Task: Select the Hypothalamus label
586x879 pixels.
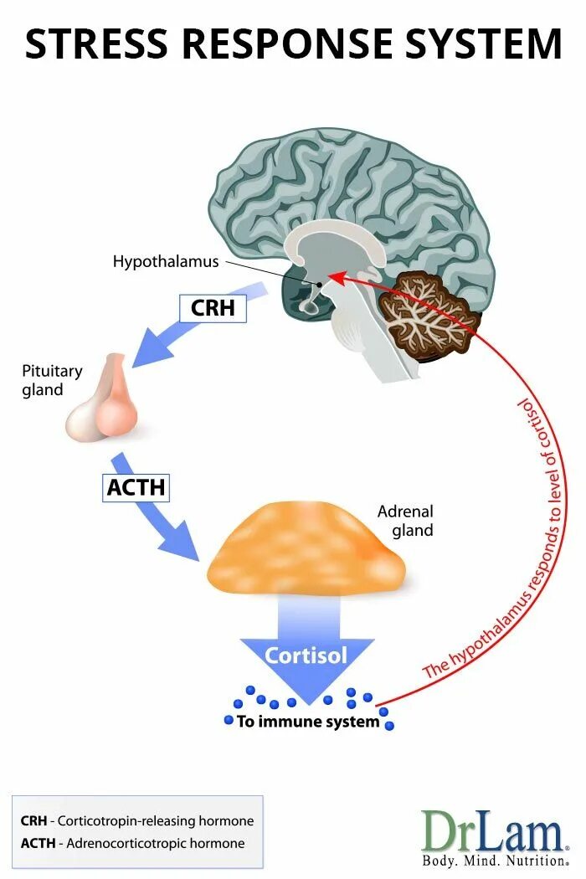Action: tap(166, 262)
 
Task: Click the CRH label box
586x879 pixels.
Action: tap(213, 308)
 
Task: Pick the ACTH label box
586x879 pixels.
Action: tap(136, 486)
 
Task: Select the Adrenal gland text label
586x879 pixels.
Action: tap(405, 521)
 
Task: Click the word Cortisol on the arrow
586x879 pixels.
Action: tap(306, 655)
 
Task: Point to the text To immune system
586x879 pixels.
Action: tap(308, 722)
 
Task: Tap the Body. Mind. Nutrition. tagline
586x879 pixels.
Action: tap(494, 861)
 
